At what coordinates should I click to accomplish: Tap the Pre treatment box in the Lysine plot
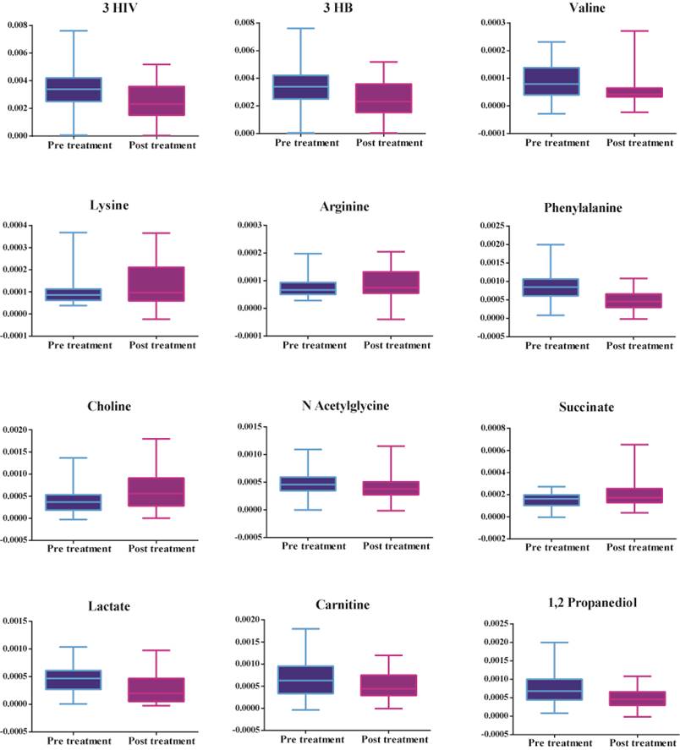click(x=74, y=294)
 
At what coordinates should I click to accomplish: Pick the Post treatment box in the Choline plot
click(x=156, y=492)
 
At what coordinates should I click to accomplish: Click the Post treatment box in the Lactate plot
click(x=156, y=689)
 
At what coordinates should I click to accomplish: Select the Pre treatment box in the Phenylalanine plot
click(x=557, y=287)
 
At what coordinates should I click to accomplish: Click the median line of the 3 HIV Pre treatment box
click(x=74, y=89)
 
